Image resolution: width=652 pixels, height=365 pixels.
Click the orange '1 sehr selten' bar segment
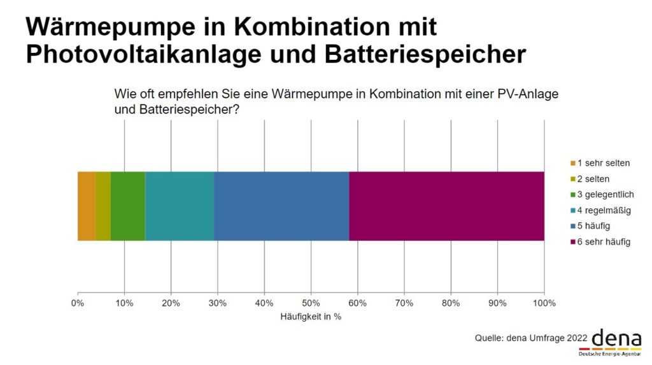87,206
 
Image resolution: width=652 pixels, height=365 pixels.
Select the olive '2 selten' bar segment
103,206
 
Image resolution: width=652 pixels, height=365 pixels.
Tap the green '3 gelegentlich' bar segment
128,206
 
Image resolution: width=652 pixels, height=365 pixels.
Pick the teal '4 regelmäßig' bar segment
180,206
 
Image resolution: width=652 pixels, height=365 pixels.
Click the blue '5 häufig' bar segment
281,206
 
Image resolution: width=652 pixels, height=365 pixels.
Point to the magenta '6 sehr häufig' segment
446,206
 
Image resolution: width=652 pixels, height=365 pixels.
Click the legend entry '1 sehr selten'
602,163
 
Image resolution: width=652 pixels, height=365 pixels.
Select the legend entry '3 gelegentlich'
604,194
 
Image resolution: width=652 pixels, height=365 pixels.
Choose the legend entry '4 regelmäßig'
603,210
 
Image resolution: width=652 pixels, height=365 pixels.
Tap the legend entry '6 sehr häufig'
603,242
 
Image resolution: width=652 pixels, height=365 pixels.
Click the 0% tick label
78,303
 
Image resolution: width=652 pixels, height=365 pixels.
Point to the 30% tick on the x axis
218,303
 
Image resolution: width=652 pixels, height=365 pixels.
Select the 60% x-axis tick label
357,303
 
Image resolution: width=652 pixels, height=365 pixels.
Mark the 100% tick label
544,303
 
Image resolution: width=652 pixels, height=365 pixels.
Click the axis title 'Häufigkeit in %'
311,317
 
